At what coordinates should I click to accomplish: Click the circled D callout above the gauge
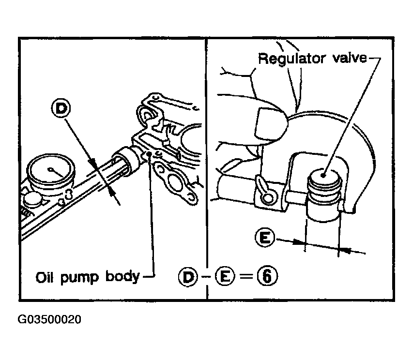(61, 108)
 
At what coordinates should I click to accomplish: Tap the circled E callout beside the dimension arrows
(265, 238)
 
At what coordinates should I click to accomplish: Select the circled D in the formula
(188, 277)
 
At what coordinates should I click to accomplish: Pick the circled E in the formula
(225, 277)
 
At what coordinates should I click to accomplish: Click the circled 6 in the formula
(267, 277)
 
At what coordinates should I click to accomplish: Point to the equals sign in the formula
(246, 277)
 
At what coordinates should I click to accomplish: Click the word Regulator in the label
(292, 59)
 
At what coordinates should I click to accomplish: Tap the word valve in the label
(350, 58)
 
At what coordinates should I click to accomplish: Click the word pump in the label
(79, 279)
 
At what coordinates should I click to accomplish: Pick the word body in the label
(122, 277)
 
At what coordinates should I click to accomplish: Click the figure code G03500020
(49, 319)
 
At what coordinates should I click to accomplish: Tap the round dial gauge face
(51, 172)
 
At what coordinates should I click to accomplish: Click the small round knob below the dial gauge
(32, 199)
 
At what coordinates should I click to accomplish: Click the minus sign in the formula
(207, 277)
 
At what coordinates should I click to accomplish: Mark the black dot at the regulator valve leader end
(324, 175)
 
